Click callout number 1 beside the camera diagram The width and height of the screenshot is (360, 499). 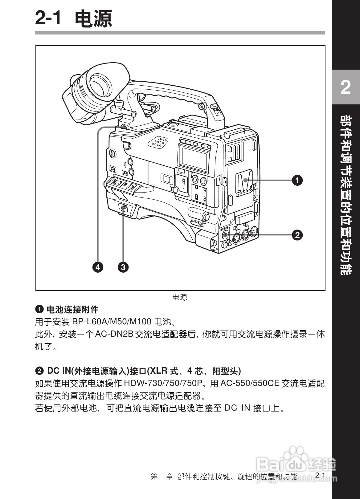click(x=297, y=180)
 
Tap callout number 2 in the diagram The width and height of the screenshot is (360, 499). click(x=297, y=235)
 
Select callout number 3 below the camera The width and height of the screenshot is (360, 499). click(x=123, y=267)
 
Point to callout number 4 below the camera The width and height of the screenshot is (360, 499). click(x=98, y=267)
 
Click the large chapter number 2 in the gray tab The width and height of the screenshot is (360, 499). click(x=346, y=87)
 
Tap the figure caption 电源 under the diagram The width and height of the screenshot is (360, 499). click(x=180, y=297)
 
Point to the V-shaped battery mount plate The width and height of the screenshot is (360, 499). click(x=244, y=184)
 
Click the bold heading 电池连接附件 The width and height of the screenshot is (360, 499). click(x=72, y=309)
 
